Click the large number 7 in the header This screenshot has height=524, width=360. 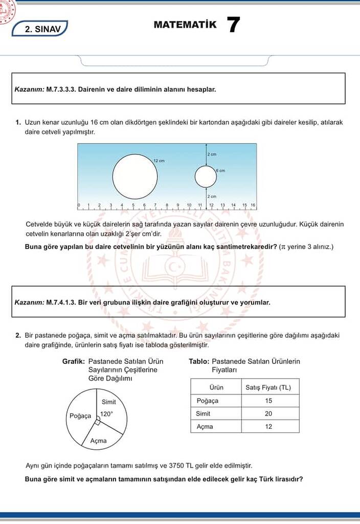click(233, 25)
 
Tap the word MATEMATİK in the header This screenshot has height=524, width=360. click(185, 25)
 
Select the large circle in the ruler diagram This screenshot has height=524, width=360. click(135, 176)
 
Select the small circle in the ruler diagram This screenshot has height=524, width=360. click(206, 177)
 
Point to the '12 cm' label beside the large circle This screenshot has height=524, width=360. click(159, 161)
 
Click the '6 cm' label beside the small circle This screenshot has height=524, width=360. click(220, 170)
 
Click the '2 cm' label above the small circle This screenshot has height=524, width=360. click(212, 154)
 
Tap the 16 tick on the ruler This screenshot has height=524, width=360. click(253, 205)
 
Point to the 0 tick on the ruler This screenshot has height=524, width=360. click(79, 205)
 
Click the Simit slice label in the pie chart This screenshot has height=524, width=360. click(108, 402)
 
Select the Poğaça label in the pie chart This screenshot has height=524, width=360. click(80, 416)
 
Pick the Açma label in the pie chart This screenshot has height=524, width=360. click(98, 441)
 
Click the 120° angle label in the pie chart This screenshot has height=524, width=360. click(106, 414)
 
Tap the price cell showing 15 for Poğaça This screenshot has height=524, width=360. click(268, 401)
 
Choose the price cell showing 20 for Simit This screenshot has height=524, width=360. click(268, 413)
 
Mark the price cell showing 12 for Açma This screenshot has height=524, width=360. click(268, 426)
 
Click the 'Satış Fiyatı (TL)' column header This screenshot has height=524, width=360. click(268, 387)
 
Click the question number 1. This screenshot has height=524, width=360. click(18, 123)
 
